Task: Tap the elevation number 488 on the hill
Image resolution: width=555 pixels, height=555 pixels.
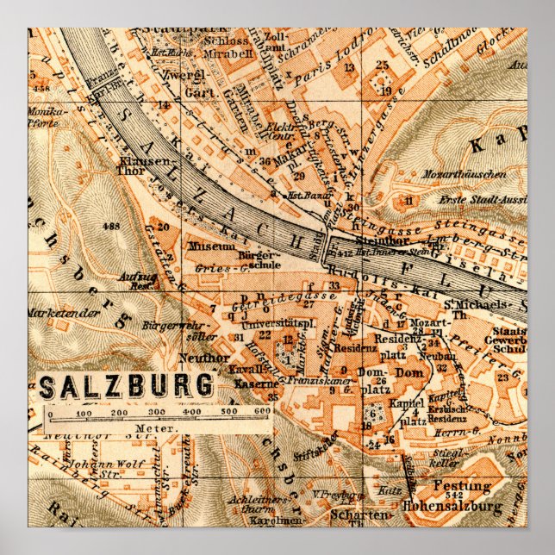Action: [x=110, y=226]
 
